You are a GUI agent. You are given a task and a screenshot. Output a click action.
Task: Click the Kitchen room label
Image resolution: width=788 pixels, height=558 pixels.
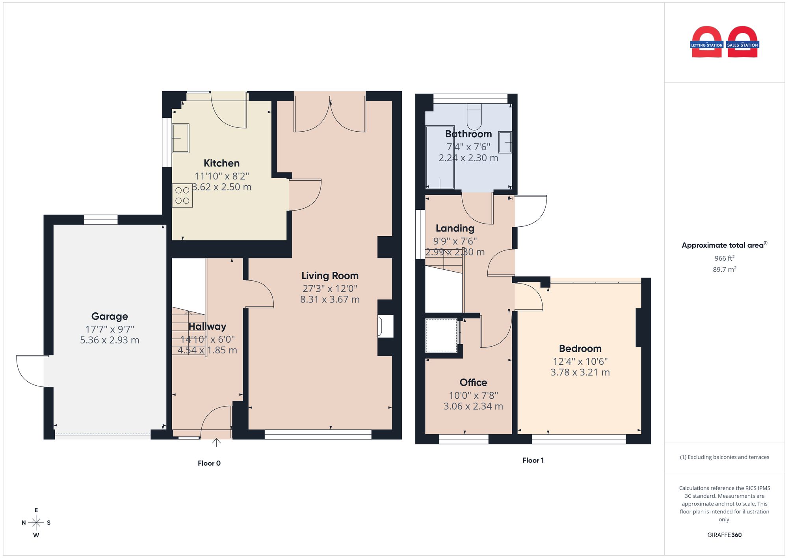221,163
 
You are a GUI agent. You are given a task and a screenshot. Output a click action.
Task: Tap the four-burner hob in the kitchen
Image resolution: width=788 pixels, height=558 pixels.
182,196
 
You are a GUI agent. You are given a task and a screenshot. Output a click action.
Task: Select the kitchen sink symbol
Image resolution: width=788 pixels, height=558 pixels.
180,138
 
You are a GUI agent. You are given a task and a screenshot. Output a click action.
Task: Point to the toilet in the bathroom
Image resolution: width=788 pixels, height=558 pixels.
474,117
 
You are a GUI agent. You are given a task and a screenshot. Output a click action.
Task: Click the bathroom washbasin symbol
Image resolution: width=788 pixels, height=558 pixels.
505,142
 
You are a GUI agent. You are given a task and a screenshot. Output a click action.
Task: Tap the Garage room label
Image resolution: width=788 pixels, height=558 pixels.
110,316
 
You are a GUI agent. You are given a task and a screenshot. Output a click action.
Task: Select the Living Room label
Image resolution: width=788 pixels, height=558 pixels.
330,276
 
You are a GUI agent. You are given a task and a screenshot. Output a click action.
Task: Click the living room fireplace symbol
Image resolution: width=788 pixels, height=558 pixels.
385,326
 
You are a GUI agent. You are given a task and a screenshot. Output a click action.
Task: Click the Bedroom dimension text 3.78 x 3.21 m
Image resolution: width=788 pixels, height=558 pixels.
580,372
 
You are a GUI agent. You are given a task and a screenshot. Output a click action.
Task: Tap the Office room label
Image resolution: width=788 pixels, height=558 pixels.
473,383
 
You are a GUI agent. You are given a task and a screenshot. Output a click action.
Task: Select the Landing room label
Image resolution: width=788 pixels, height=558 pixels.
455,228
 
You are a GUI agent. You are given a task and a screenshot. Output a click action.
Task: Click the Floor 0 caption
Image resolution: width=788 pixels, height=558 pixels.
209,463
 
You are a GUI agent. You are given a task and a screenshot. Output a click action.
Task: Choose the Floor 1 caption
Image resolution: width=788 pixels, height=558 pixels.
533,460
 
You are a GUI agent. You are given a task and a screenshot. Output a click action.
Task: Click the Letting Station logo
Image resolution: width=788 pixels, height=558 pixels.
707,42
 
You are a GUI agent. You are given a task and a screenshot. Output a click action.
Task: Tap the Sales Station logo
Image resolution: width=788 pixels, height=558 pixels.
743,42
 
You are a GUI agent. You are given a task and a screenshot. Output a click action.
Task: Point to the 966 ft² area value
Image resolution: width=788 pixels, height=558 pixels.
725,258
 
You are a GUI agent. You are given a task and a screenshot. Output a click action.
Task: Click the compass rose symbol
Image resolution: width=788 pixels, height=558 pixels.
36,523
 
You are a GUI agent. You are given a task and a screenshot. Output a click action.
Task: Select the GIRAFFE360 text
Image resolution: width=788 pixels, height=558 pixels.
725,535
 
